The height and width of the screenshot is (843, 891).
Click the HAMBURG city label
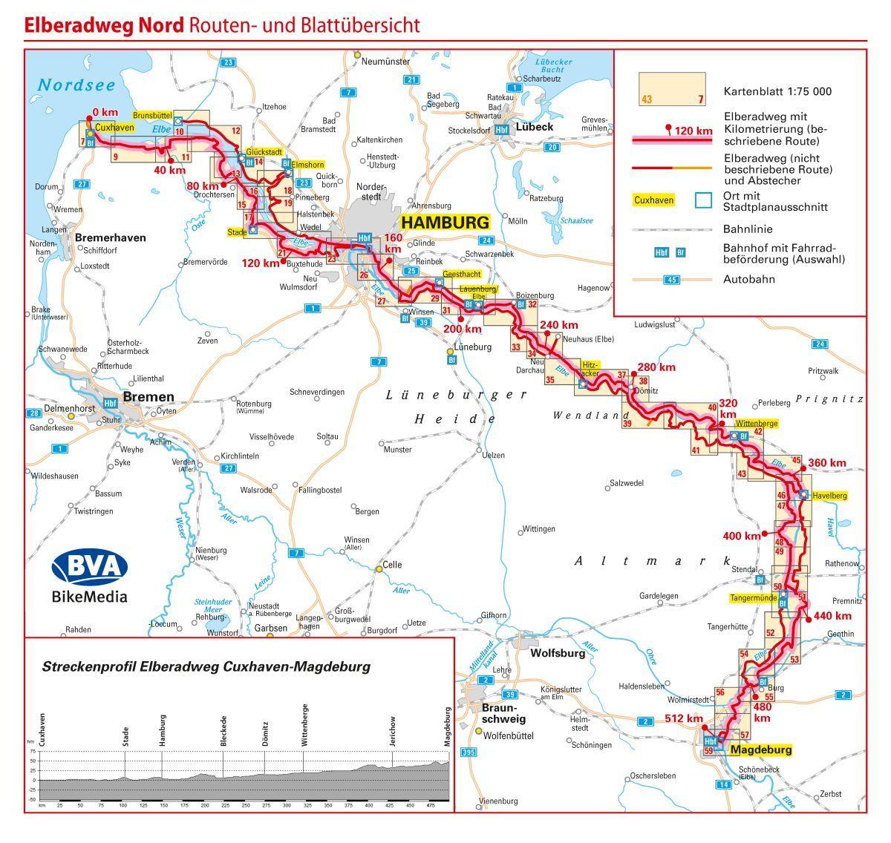[x=445, y=222]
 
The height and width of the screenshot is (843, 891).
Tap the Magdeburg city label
[x=761, y=749]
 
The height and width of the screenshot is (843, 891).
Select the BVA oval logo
[x=89, y=567]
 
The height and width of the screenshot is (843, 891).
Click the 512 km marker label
[x=684, y=718]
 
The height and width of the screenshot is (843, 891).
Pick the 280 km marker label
[x=656, y=367]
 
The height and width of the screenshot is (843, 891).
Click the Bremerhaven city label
[x=111, y=237]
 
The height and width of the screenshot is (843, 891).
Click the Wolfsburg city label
[x=558, y=654]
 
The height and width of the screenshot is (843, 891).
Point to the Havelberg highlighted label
[x=829, y=495]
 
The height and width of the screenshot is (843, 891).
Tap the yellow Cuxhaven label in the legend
[x=654, y=200]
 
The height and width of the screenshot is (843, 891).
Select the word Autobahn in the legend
[x=749, y=280]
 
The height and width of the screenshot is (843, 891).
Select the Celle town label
[x=392, y=565]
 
